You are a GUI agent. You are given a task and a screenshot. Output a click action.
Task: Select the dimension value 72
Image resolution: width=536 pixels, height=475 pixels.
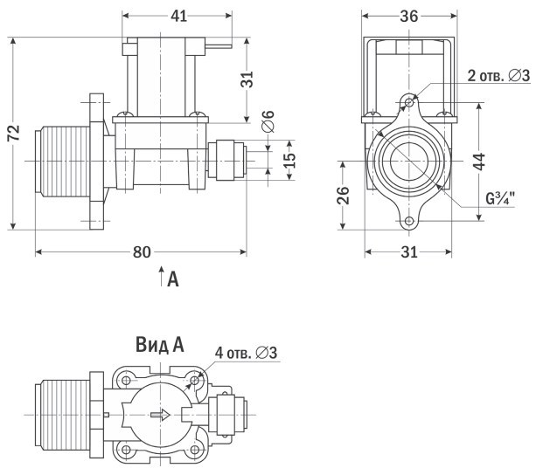13,132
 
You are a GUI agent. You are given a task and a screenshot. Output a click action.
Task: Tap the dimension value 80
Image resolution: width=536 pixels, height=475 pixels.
141,251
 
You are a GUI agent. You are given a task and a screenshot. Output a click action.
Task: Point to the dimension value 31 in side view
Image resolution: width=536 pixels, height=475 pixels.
248,79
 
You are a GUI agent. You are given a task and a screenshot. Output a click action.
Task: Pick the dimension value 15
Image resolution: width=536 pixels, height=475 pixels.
289,161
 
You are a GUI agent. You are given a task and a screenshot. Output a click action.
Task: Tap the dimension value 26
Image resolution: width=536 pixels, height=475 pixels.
345,195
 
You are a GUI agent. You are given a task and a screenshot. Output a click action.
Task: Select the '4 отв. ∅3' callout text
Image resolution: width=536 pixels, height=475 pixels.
245,353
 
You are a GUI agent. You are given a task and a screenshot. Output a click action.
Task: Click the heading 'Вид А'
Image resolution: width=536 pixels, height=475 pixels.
158,345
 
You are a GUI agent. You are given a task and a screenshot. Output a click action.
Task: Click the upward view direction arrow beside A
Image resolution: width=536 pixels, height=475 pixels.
161,279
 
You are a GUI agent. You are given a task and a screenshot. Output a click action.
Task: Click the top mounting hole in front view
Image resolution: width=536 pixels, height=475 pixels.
408,103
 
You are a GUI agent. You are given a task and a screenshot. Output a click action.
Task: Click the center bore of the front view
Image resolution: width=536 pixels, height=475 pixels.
408,162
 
